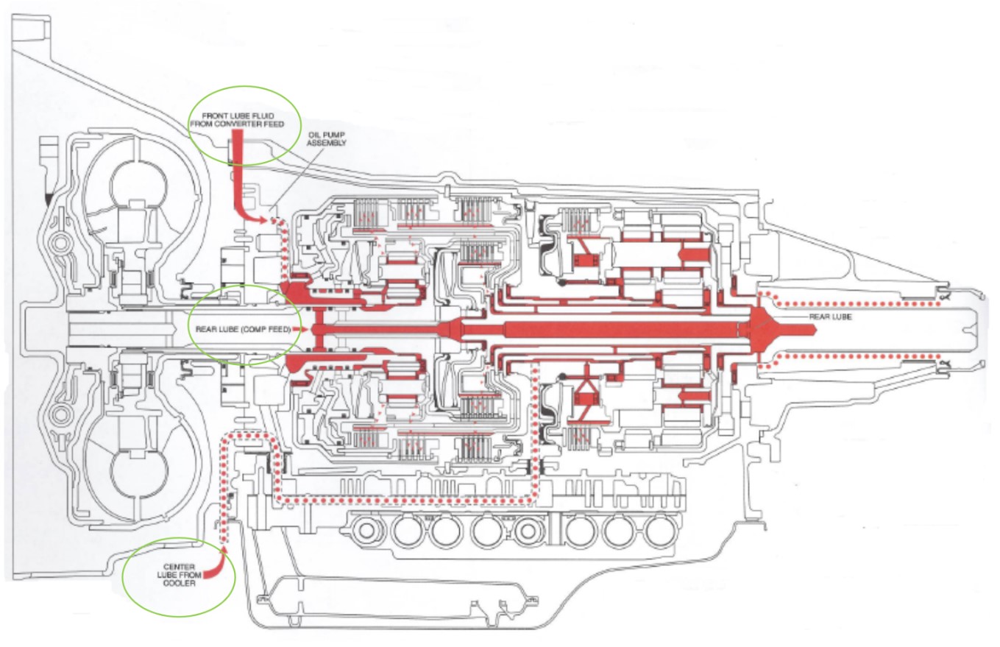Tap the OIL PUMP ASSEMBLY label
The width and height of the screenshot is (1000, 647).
click(x=322, y=138)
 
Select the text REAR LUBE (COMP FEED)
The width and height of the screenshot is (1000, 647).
click(x=244, y=329)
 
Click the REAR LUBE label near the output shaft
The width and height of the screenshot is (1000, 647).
click(x=830, y=317)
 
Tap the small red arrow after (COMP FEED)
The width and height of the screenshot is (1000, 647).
click(x=302, y=329)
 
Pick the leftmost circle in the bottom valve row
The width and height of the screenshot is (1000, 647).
click(x=365, y=531)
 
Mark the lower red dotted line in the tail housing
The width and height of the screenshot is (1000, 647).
click(x=854, y=358)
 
